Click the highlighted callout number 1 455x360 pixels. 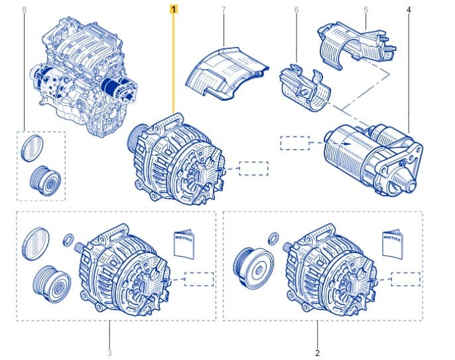tap(174, 9)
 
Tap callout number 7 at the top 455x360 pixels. tap(224, 9)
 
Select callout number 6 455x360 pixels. tap(296, 9)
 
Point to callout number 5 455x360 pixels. tap(365, 9)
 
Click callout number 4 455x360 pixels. tap(409, 9)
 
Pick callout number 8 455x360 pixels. tap(24, 9)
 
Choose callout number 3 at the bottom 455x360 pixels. tap(109, 353)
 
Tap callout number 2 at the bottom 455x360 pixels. tap(317, 353)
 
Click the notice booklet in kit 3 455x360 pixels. tap(184, 244)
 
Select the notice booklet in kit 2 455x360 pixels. tap(393, 244)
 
